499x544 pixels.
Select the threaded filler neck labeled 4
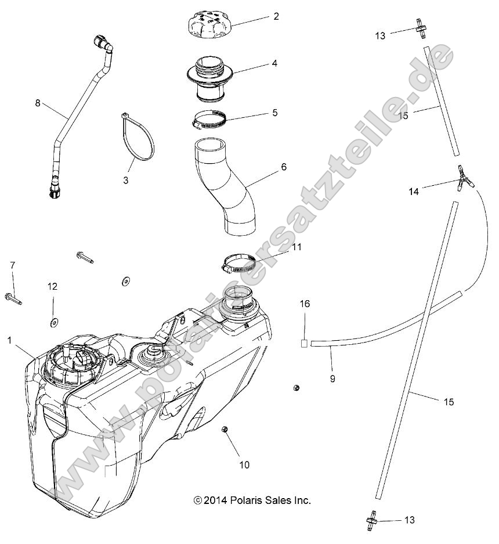click(211, 75)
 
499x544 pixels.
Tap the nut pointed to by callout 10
click(224, 430)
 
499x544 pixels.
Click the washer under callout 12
click(53, 321)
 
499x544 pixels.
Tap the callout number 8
click(38, 103)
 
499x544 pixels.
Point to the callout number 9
click(332, 379)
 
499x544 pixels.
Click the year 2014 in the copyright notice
click(215, 500)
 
